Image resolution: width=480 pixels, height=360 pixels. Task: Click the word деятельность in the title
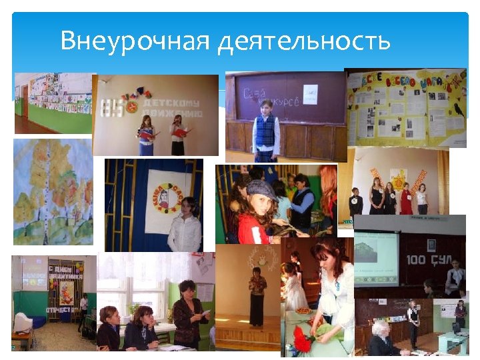(x=304, y=41)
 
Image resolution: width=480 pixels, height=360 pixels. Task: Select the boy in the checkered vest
(x=265, y=133)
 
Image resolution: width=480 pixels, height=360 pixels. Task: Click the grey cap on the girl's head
(x=260, y=190)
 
